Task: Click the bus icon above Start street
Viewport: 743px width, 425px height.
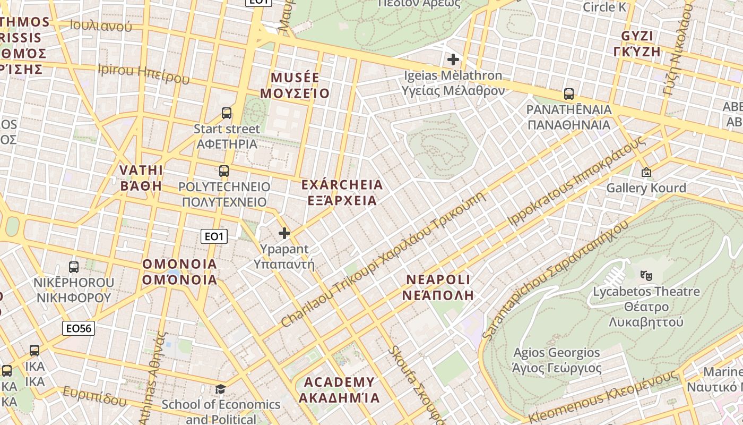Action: point(227,113)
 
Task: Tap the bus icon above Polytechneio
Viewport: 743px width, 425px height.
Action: point(224,171)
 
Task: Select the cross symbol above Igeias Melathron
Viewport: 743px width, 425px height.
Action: point(453,59)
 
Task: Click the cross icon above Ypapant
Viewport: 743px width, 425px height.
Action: point(284,233)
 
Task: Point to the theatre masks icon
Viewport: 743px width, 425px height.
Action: point(646,275)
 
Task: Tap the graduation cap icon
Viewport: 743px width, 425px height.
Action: point(220,389)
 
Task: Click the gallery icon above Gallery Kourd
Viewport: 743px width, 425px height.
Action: point(646,172)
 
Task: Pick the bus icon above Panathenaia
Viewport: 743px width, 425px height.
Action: point(569,94)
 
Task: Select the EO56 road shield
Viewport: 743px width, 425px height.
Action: point(79,328)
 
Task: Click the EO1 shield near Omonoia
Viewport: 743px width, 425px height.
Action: point(214,236)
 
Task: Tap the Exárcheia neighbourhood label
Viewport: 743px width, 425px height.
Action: point(342,192)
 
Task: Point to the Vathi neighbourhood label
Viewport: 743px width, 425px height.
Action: point(141,178)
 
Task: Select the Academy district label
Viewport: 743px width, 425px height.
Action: point(339,389)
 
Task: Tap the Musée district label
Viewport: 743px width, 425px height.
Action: point(295,86)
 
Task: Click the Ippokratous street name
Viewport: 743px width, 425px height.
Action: point(577,180)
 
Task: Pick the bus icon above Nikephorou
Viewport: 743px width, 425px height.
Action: point(74,267)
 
